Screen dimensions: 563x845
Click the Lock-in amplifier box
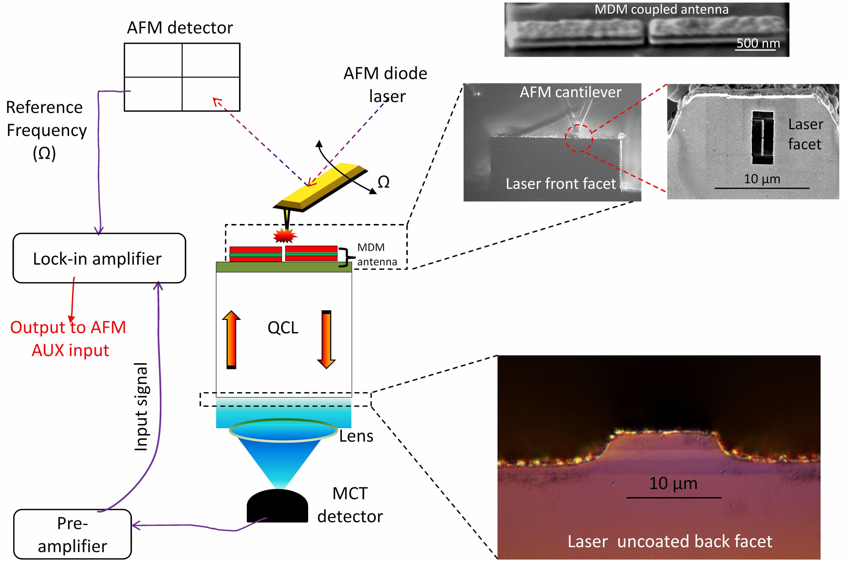tap(99, 258)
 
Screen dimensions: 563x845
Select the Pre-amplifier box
tap(73, 534)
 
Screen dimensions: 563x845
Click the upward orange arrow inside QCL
tap(231, 339)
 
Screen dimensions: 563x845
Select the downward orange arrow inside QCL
tap(326, 339)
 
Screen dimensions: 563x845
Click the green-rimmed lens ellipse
tap(283, 430)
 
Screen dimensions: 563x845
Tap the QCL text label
tap(283, 328)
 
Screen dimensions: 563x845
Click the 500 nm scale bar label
tap(758, 43)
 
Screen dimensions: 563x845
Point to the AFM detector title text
tap(180, 28)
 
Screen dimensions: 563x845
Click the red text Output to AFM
tap(68, 327)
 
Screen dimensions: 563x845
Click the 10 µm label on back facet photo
tap(673, 483)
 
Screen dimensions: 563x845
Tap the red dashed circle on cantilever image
tap(579, 138)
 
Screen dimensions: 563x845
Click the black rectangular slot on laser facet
tap(763, 137)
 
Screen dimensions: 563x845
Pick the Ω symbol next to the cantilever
tap(383, 182)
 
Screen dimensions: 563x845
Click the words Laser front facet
tap(561, 184)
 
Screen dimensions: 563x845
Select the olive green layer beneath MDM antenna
tap(284, 267)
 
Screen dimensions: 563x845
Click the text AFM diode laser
tap(386, 85)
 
